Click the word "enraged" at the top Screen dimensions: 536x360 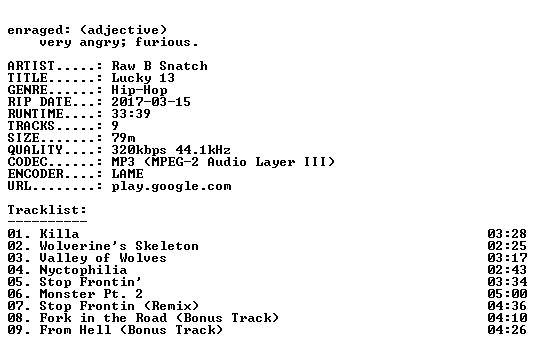tap(35, 30)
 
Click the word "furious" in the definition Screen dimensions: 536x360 tap(163, 42)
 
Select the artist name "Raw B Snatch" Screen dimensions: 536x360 tap(159, 66)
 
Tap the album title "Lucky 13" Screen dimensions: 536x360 tap(143, 78)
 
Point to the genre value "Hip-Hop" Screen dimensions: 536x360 tap(139, 90)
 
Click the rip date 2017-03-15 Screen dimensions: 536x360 tap(151, 102)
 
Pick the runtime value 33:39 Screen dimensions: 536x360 tap(131, 114)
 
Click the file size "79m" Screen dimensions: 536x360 tap(123, 138)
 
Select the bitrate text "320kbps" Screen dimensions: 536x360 tap(139, 150)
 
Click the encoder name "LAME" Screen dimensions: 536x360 tap(127, 174)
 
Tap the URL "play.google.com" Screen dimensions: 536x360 tap(171, 186)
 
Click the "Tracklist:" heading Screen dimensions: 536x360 tap(47, 210)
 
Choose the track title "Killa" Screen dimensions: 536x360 tap(59, 234)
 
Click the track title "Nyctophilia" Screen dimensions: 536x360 tap(83, 270)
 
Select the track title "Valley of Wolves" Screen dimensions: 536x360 tap(103, 258)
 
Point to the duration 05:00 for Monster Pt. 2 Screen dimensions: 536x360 tap(507, 294)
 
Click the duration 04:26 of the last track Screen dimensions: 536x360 tap(507, 330)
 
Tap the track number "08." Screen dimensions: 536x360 tap(19, 318)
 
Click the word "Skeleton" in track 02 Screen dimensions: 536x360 tap(167, 246)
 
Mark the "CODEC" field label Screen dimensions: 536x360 tap(27, 162)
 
